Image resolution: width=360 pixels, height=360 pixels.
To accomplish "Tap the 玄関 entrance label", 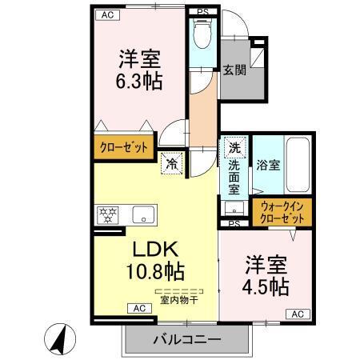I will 234,70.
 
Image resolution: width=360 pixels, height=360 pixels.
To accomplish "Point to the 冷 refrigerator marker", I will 172,162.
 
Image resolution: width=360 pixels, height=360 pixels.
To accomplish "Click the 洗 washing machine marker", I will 234,147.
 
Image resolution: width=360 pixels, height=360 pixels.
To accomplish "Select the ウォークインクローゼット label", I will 283,212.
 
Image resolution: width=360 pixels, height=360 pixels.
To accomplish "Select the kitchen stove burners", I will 107,214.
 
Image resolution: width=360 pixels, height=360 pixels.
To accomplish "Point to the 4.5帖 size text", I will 266,286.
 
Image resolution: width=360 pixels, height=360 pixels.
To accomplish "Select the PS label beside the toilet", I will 204,13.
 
